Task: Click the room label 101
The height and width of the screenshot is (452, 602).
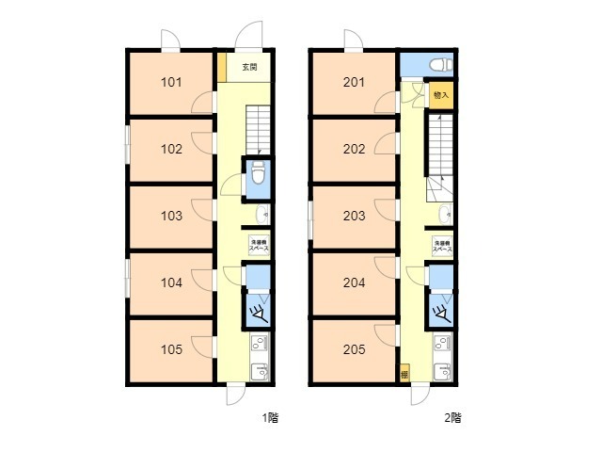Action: tap(171, 82)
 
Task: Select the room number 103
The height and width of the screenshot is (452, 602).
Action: tap(171, 216)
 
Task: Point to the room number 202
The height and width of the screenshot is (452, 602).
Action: tap(354, 149)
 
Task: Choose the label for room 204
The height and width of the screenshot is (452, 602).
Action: tap(354, 282)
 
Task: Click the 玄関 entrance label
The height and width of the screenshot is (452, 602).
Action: tap(249, 68)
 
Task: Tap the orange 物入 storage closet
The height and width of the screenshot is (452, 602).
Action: tap(441, 95)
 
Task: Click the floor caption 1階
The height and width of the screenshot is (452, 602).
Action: tap(271, 416)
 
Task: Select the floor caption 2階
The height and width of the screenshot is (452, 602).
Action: tap(452, 416)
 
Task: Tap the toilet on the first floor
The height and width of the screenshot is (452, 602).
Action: tap(259, 174)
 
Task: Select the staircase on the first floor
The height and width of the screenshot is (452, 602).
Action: tap(259, 130)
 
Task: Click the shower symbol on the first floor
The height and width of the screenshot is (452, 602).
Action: tap(257, 308)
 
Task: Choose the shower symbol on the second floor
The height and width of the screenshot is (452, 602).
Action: tap(438, 308)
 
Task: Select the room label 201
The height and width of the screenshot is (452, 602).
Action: tap(354, 82)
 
